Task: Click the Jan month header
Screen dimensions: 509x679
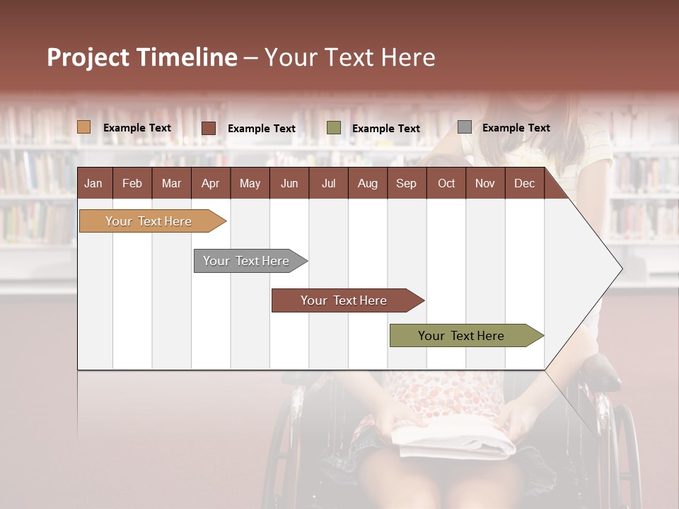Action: (93, 183)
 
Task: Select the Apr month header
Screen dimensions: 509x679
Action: (210, 183)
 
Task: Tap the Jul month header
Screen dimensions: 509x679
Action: (328, 183)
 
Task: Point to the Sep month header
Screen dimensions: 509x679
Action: (406, 183)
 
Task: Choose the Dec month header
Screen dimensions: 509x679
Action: (524, 183)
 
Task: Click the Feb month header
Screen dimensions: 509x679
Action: (132, 183)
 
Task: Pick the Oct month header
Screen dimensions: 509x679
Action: (446, 183)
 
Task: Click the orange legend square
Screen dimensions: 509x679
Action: (84, 127)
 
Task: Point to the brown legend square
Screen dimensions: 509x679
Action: (209, 128)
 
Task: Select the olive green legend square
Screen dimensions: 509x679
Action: (334, 128)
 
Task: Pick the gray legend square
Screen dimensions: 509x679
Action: (465, 127)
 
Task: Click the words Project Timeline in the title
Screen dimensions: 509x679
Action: (142, 57)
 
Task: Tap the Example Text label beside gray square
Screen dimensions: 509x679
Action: (516, 128)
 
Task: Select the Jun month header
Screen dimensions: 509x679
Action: (289, 183)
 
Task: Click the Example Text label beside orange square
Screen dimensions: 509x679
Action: (137, 128)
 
